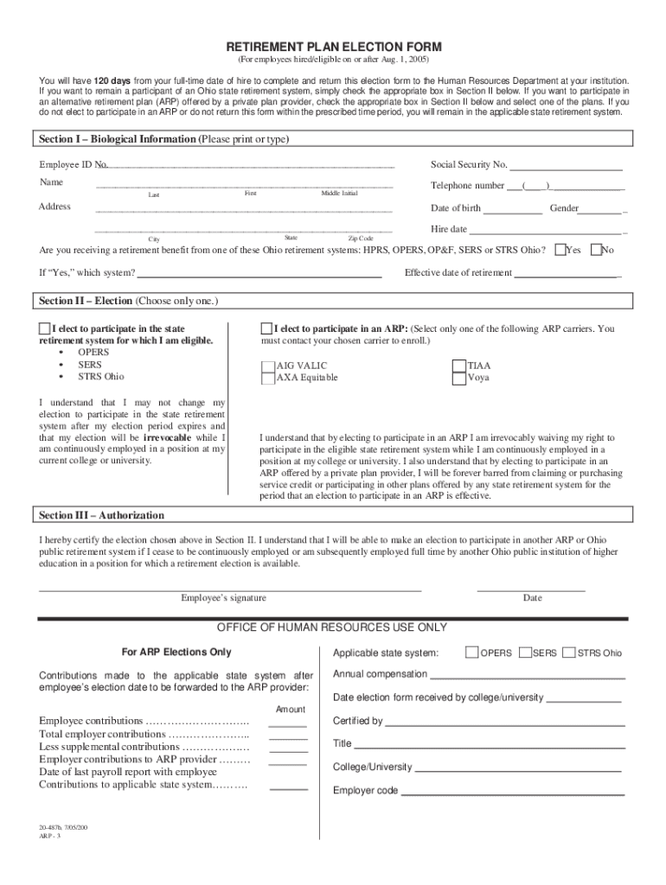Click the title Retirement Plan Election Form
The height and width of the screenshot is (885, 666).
coord(334,46)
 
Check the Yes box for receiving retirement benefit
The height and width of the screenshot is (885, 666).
coord(560,250)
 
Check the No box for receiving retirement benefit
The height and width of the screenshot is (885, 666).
coord(595,250)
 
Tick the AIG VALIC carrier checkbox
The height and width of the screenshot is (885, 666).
coord(267,366)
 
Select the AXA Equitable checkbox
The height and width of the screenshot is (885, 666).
coord(267,378)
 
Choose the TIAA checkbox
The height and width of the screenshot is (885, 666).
coord(458,366)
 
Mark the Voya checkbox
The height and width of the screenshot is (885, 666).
coord(458,378)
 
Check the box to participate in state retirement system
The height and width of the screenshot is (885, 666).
coord(45,328)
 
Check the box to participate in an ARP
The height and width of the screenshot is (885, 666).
coord(266,328)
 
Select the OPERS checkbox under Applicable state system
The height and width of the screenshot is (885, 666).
coord(471,653)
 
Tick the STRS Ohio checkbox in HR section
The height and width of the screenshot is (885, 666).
coord(569,653)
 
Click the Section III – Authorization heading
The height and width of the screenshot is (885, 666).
coord(102,515)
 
